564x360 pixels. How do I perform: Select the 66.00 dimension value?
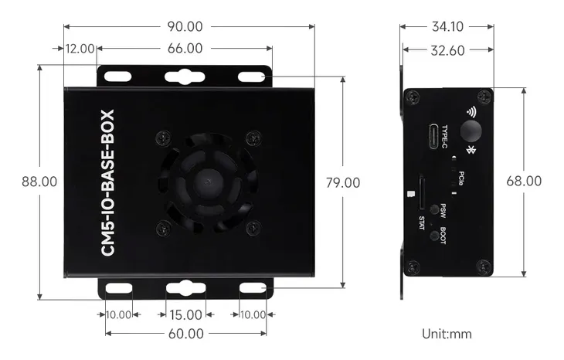[185, 49]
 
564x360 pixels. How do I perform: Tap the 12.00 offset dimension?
[80, 49]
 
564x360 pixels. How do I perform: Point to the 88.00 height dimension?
[39, 182]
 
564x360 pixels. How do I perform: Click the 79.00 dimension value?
[342, 183]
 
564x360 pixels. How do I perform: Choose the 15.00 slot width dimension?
[185, 315]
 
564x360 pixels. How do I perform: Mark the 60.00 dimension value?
[185, 334]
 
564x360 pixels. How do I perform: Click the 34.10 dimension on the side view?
[447, 26]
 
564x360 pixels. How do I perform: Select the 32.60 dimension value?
[447, 51]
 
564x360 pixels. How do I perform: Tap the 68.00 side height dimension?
[524, 181]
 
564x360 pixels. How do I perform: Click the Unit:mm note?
[447, 334]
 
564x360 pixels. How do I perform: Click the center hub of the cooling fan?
[208, 182]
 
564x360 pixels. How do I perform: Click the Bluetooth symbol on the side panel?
[470, 147]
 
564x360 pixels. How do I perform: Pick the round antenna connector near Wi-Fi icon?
[471, 129]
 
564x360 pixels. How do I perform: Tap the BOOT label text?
[443, 235]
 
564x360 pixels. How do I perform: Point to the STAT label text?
[421, 222]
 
